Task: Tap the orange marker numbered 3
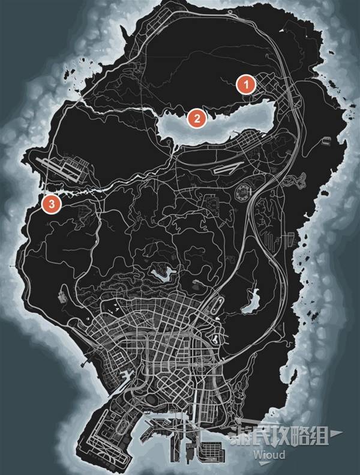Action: pyautogui.click(x=52, y=205)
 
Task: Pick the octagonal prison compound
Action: pyautogui.click(x=244, y=193)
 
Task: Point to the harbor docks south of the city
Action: pyautogui.click(x=198, y=429)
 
